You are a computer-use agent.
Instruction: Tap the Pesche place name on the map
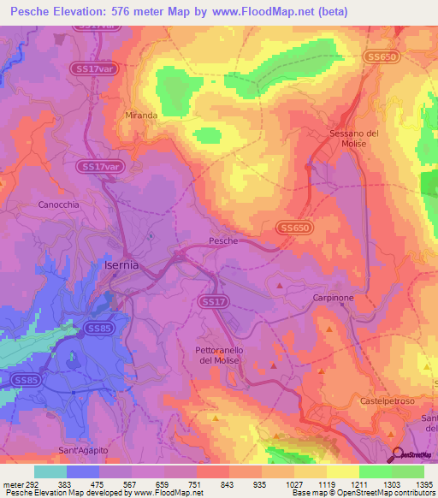[223, 241]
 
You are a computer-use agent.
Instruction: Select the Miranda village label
[141, 115]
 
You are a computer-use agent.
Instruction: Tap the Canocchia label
[59, 205]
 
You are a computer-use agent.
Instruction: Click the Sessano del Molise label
[354, 139]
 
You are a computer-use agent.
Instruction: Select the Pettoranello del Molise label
[225, 356]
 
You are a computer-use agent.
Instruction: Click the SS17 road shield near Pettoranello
[213, 302]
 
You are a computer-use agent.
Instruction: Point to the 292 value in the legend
[35, 483]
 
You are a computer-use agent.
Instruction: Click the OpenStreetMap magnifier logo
[397, 454]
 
